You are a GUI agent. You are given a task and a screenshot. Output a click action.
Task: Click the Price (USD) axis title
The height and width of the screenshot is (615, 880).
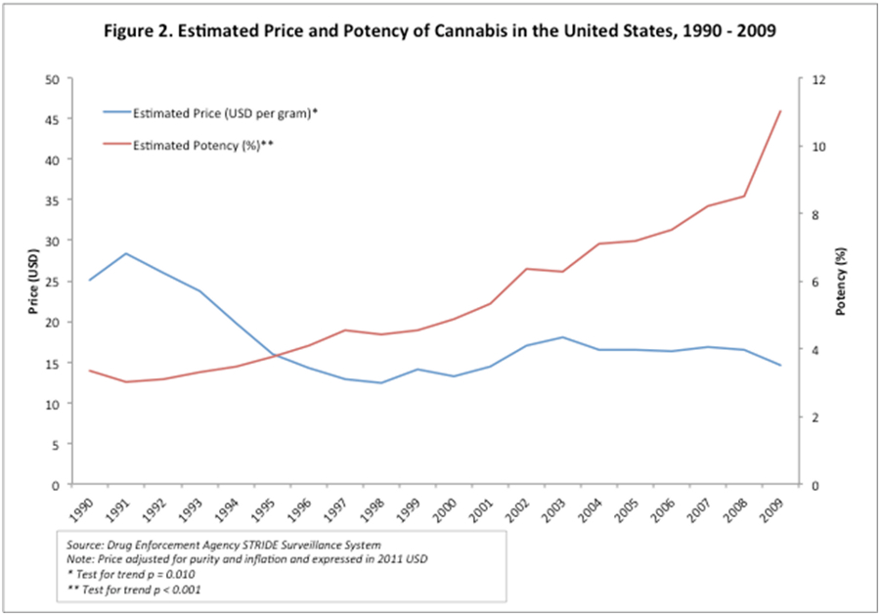[x=34, y=282]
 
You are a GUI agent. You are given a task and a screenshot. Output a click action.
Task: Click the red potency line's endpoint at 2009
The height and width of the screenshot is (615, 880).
[x=779, y=111]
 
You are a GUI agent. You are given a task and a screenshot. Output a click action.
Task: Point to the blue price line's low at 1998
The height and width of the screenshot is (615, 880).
[x=380, y=383]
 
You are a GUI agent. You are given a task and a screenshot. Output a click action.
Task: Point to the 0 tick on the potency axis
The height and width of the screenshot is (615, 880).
[x=811, y=485]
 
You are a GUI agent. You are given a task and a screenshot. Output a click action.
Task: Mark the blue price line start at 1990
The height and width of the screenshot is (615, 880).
[x=90, y=281]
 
